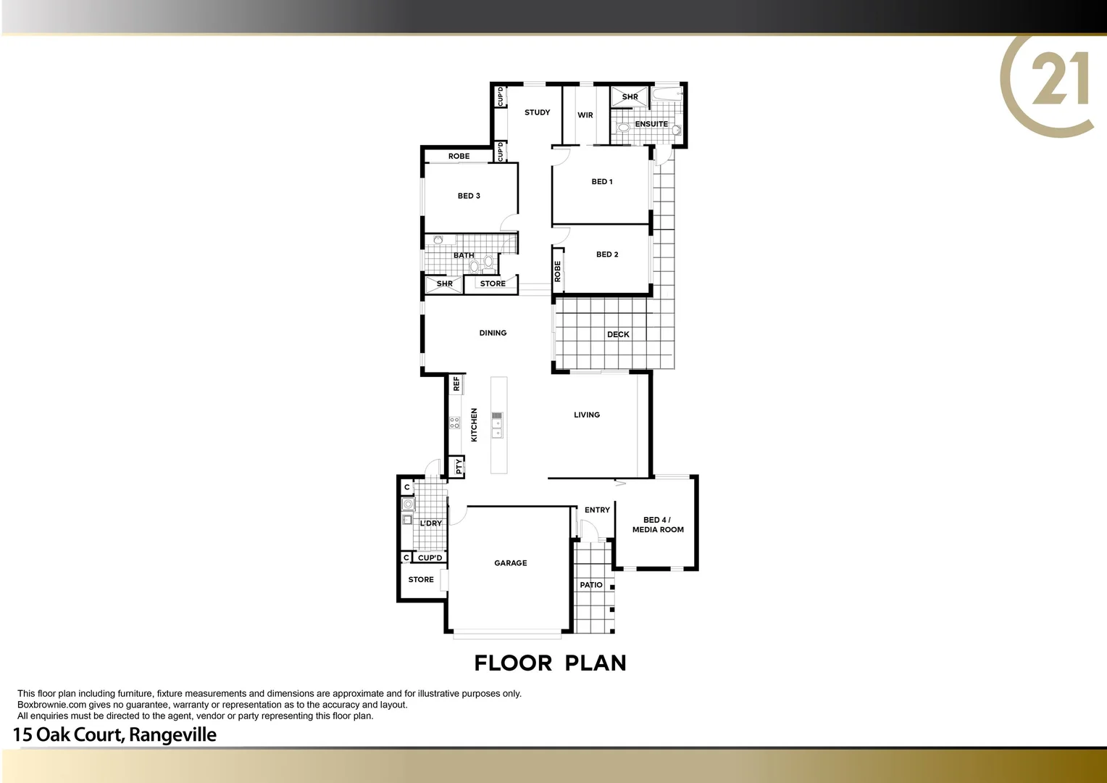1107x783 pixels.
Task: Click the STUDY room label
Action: (537, 112)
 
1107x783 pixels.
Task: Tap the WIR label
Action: (585, 115)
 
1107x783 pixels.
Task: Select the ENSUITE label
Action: (651, 124)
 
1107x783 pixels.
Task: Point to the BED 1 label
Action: (601, 182)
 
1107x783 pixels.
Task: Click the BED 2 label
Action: (606, 254)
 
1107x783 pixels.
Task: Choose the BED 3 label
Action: (468, 196)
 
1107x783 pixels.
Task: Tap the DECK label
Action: (618, 334)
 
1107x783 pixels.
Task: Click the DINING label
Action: (493, 333)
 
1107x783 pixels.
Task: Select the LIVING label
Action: (586, 415)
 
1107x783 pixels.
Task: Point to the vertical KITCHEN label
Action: (475, 425)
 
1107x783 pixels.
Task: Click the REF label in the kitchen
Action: (456, 384)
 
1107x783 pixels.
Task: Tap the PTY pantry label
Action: (459, 467)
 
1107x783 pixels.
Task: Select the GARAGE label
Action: (510, 563)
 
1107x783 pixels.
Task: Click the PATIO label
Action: (590, 584)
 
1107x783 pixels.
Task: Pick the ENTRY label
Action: (597, 510)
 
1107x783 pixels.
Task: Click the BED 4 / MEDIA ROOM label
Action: (657, 525)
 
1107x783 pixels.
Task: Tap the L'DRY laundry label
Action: (430, 523)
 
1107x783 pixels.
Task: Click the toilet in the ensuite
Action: (623, 128)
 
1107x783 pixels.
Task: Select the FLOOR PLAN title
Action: (550, 663)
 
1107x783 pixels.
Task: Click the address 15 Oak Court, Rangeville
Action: (114, 734)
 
